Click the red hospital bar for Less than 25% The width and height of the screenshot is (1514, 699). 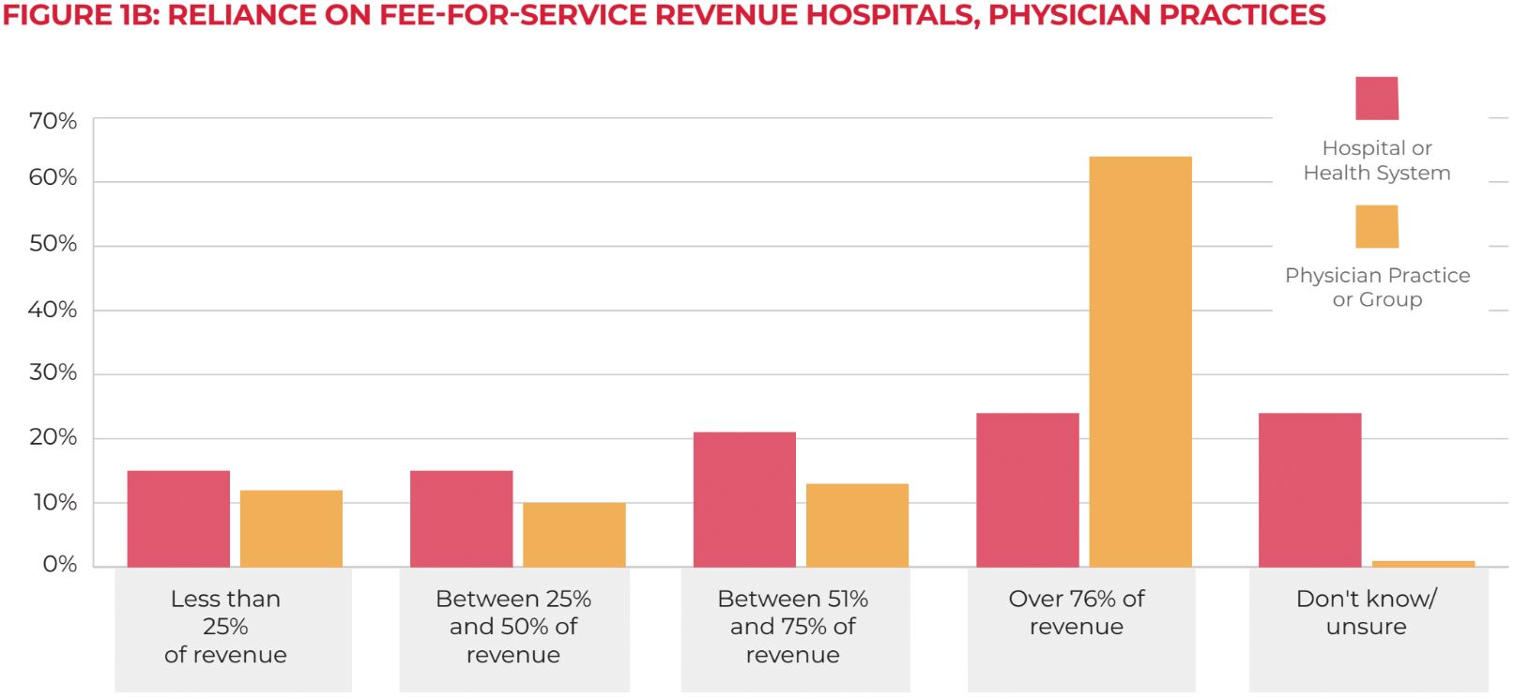pos(178,519)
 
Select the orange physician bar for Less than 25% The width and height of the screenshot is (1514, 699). pos(291,528)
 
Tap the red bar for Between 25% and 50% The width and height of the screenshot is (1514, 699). pos(461,519)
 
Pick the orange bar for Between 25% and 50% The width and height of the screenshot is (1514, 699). pos(573,535)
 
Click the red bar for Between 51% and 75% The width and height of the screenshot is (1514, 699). pos(744,499)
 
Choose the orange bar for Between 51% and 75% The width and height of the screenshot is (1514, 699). pos(857,525)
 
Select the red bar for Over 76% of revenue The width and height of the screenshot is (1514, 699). pos(1027,490)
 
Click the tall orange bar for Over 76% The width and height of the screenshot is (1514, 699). pos(1139,361)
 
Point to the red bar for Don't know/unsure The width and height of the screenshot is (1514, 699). pos(1309,490)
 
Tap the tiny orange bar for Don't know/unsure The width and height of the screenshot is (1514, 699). pos(1423,564)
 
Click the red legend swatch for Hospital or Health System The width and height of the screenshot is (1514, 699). pos(1376,99)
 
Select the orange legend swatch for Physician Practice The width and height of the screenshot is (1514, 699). pos(1376,226)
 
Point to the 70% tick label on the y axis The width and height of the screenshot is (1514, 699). pos(53,121)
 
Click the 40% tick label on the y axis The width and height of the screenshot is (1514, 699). pos(53,310)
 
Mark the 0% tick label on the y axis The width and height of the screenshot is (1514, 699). pos(59,564)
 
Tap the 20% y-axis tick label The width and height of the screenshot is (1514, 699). pos(53,437)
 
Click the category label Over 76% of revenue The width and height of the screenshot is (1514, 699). pos(1076,613)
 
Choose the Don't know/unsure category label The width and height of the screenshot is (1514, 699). pos(1366,613)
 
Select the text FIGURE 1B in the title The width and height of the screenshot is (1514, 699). pos(81,15)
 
